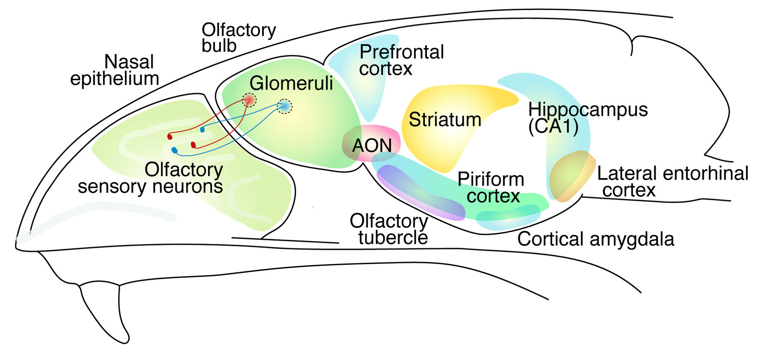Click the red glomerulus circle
(x=249, y=100)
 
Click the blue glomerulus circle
(x=285, y=106)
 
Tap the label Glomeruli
(x=291, y=83)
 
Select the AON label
(x=372, y=145)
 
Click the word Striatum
(x=445, y=120)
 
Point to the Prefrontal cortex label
(x=402, y=60)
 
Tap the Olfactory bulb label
(x=239, y=38)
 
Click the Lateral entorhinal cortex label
(x=672, y=182)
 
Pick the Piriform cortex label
(x=491, y=188)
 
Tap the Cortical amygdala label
(x=596, y=239)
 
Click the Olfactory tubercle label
(x=389, y=229)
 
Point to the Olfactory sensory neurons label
(x=151, y=178)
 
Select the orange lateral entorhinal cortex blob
(x=571, y=176)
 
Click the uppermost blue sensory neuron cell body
(x=202, y=130)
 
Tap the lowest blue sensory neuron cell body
(x=174, y=150)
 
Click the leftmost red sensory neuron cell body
(x=170, y=137)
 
